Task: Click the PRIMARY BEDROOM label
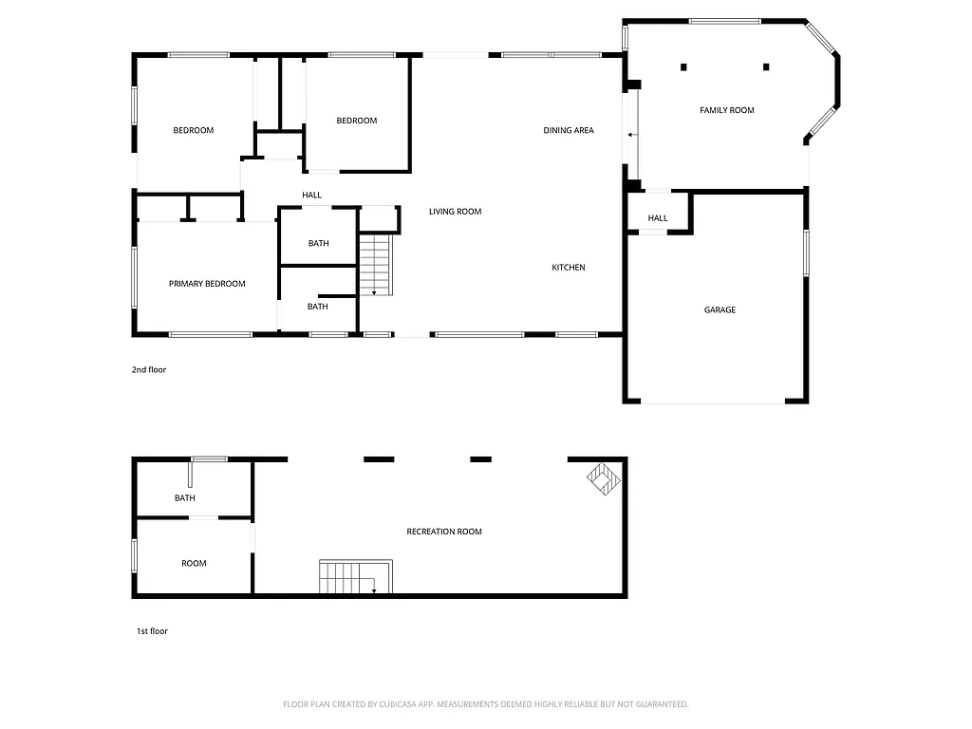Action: click(207, 284)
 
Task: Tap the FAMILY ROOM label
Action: click(727, 110)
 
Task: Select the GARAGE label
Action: click(720, 309)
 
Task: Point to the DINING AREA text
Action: click(569, 130)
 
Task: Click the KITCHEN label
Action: click(569, 268)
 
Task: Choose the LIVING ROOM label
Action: click(455, 212)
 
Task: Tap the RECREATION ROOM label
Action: click(444, 532)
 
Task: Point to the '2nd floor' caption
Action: click(148, 370)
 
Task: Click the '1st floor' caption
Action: click(152, 630)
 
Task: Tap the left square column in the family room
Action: click(682, 66)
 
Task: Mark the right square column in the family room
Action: click(766, 66)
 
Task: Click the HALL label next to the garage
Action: click(658, 218)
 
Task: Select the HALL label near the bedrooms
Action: click(312, 196)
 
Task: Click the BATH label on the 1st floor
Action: click(184, 498)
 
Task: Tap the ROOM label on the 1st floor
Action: click(194, 564)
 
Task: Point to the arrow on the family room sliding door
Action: click(631, 136)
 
